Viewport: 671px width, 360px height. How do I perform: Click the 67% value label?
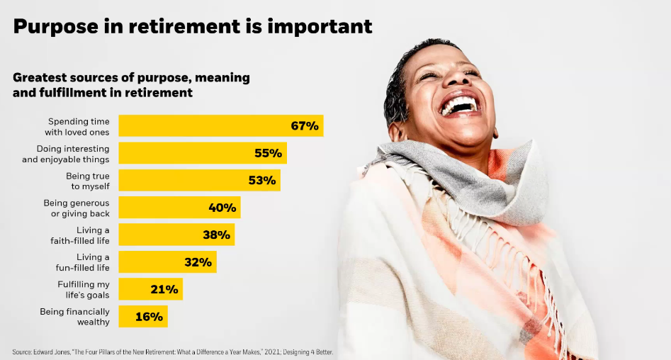[x=305, y=126]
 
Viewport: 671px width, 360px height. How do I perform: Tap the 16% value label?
[x=149, y=317]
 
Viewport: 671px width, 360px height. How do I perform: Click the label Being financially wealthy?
[x=74, y=317]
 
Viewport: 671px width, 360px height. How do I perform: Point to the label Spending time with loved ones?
[x=78, y=126]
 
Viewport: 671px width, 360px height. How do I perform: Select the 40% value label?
[x=222, y=208]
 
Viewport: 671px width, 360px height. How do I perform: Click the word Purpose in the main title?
[x=55, y=26]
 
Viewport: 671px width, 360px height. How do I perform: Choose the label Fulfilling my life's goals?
[x=84, y=289]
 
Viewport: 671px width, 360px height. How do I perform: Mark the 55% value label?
[x=269, y=153]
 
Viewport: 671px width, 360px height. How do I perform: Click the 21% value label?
[x=164, y=289]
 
